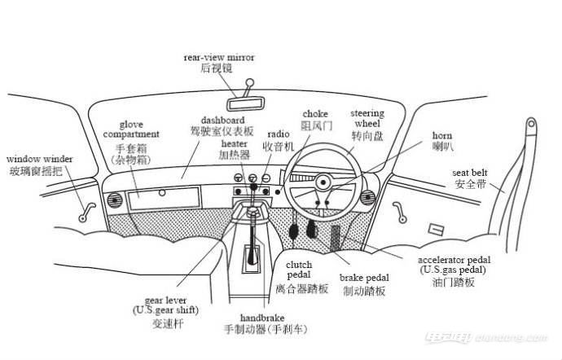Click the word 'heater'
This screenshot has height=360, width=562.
coord(234,143)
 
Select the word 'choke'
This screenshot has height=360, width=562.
coord(315,114)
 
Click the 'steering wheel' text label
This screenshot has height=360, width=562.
coord(362,119)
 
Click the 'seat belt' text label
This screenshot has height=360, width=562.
coord(471,173)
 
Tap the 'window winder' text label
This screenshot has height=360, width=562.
coord(40,159)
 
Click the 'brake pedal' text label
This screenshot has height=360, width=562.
coord(364,279)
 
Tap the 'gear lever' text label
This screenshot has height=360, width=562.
coord(165,301)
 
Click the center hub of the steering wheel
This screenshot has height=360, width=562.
coord(323,182)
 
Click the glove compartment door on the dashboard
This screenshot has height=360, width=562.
coord(161,196)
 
